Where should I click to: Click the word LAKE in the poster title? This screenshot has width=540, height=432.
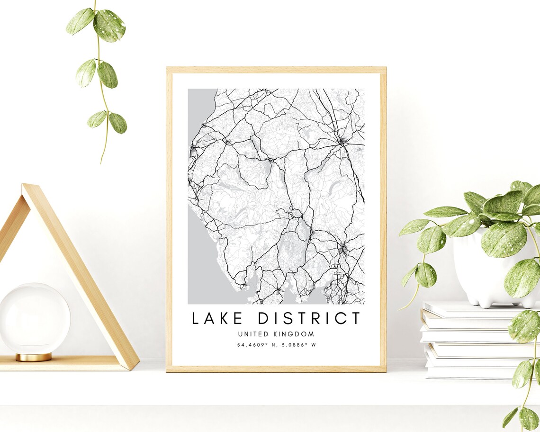216,318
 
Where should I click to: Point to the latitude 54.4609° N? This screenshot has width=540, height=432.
256,345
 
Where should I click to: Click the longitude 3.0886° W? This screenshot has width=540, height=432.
296,345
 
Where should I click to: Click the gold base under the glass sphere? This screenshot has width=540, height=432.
34,357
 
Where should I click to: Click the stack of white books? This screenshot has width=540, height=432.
469,341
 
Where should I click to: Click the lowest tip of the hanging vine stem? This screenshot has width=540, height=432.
101,163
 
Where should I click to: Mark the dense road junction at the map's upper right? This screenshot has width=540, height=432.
341,141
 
